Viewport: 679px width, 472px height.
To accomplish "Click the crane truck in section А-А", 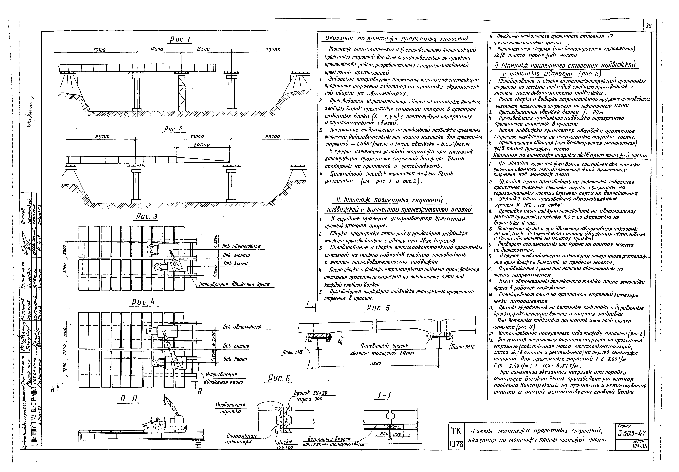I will click(166, 421).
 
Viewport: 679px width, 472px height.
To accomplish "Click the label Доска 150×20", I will click(285, 445).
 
